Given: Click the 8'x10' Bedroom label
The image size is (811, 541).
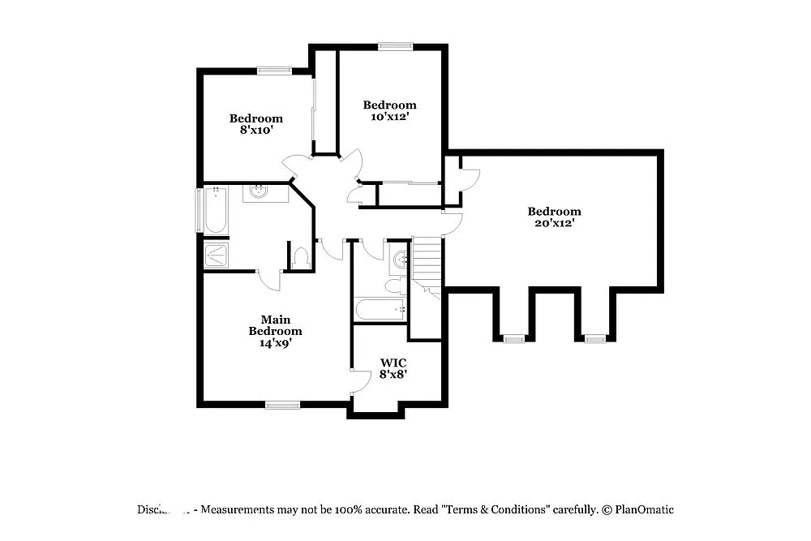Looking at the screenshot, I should pos(255,123).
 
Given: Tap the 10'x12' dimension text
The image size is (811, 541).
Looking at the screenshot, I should pos(389,117).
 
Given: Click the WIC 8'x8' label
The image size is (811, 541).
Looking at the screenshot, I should pos(393,368).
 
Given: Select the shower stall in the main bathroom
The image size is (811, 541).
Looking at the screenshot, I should pos(216,255).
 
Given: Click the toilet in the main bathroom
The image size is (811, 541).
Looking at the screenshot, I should pos(300,259).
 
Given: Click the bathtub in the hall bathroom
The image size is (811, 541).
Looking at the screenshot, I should pos(379,309).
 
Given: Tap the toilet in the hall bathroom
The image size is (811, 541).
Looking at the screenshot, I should pos(395,285).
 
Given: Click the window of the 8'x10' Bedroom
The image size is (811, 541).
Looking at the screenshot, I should pos(274,71).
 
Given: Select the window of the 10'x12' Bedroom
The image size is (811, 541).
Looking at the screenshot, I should pos(395,46).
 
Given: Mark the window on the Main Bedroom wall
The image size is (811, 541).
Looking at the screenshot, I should pos(282,404).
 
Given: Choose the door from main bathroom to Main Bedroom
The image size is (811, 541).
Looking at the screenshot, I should pos(270,280).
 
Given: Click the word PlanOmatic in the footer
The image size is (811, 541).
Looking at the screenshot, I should pos(644,510).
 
